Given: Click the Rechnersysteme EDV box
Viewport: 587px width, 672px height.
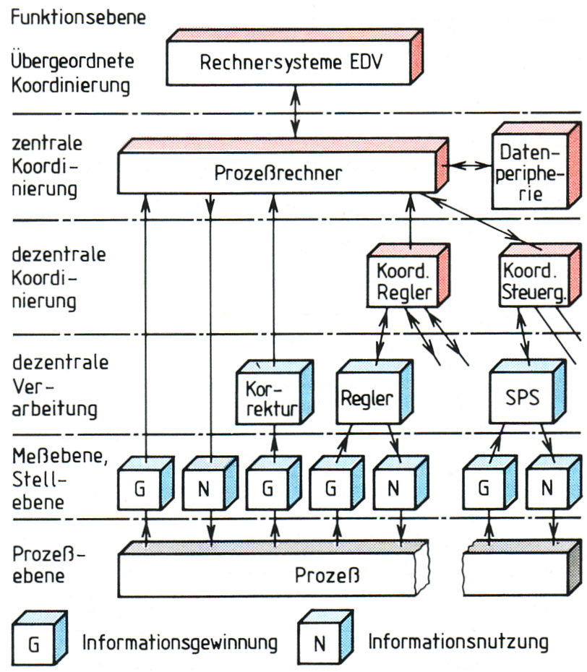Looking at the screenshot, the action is coord(294,57).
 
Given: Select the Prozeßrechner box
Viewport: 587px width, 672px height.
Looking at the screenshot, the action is coord(283,166).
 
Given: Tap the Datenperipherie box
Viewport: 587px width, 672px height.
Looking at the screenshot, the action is coord(536,166).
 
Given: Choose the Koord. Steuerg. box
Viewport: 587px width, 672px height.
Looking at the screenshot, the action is coord(540,275).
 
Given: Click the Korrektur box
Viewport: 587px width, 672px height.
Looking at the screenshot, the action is coord(275,392).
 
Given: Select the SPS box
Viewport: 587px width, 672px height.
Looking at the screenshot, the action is coord(528,392).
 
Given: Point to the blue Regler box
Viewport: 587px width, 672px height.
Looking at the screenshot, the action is coord(374,392).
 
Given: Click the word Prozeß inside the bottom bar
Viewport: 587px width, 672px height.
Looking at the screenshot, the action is coord(327,574).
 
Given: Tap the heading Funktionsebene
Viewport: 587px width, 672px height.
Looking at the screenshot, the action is coord(79,17).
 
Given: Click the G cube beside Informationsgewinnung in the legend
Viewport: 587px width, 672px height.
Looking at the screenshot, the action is coord(40,638).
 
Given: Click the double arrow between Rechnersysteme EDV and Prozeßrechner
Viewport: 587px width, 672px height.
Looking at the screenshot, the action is coord(295,111).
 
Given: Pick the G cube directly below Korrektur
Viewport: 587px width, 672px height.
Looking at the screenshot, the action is coord(273,483).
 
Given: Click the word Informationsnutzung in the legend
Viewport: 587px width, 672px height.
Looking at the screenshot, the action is coord(458,642).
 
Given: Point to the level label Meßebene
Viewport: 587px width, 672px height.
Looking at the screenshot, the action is coord(59,456).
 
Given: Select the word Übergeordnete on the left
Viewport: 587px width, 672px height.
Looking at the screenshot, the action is coord(72,61).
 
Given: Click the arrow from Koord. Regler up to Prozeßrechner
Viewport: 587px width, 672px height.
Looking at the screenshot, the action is coord(411,222).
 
